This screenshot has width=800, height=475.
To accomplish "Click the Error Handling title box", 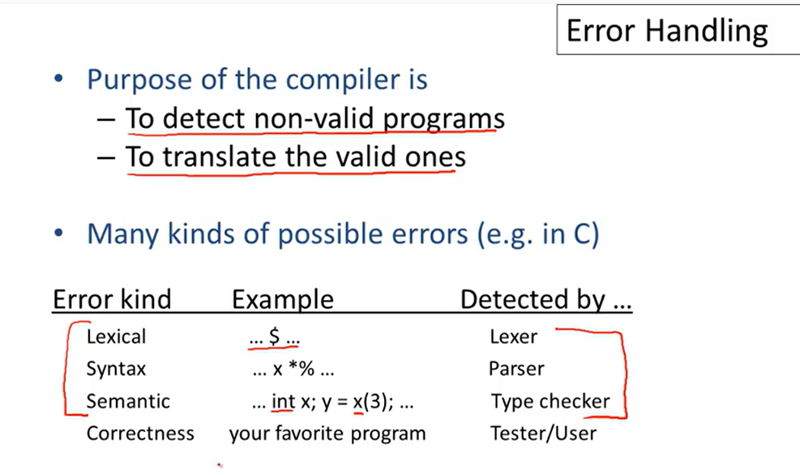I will pyautogui.click(x=666, y=31).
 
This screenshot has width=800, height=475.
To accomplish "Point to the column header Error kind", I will pyautogui.click(x=112, y=300).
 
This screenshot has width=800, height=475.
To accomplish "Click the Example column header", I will pyautogui.click(x=282, y=300).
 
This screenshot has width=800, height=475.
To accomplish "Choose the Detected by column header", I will pyautogui.click(x=545, y=300).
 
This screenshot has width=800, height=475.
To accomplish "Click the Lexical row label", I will pyautogui.click(x=116, y=336).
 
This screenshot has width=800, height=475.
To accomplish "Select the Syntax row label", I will pyautogui.click(x=116, y=369).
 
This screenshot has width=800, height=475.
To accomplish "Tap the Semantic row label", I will pyautogui.click(x=128, y=401).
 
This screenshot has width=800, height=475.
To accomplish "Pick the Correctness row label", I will pyautogui.click(x=140, y=434).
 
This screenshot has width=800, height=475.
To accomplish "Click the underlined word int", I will pyautogui.click(x=283, y=401).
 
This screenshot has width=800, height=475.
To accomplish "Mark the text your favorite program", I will pyautogui.click(x=327, y=434).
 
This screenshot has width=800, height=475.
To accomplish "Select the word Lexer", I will pyautogui.click(x=513, y=336).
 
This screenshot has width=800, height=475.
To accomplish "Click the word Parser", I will pyautogui.click(x=516, y=369).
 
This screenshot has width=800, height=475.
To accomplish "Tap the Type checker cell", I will pyautogui.click(x=550, y=401).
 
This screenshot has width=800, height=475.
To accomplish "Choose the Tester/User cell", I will pyautogui.click(x=543, y=434).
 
